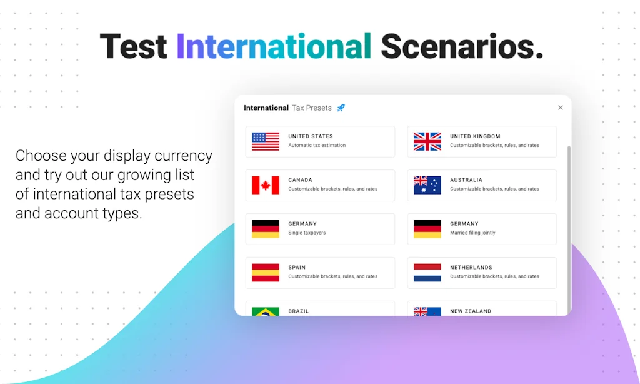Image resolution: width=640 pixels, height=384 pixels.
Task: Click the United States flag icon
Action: click(266, 141)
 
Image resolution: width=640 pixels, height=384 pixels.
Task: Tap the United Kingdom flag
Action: click(427, 141)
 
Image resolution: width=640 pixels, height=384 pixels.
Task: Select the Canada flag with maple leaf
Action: click(266, 185)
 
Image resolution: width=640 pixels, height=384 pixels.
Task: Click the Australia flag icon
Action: click(427, 185)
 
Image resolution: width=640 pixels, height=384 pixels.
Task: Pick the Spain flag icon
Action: click(266, 273)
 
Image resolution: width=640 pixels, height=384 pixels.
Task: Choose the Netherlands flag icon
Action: click(427, 273)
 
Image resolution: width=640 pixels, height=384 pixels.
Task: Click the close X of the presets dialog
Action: click(561, 108)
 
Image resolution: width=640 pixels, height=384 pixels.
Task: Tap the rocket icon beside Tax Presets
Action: click(341, 108)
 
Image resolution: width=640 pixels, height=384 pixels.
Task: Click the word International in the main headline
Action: click(274, 46)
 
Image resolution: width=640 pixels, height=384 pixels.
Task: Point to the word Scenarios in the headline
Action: click(462, 46)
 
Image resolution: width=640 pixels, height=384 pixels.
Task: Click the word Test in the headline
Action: click(134, 46)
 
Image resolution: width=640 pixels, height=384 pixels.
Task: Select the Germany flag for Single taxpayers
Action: click(266, 229)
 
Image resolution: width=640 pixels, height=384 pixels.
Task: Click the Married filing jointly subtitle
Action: click(472, 233)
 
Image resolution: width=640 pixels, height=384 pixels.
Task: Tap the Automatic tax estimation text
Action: click(317, 146)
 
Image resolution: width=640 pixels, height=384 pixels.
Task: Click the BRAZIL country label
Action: click(298, 311)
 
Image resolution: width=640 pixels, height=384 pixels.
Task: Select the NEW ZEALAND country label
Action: click(471, 311)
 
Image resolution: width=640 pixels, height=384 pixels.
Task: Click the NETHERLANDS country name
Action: click(471, 267)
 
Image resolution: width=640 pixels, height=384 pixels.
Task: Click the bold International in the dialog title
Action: click(266, 108)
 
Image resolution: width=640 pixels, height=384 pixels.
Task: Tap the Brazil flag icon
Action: click(266, 311)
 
